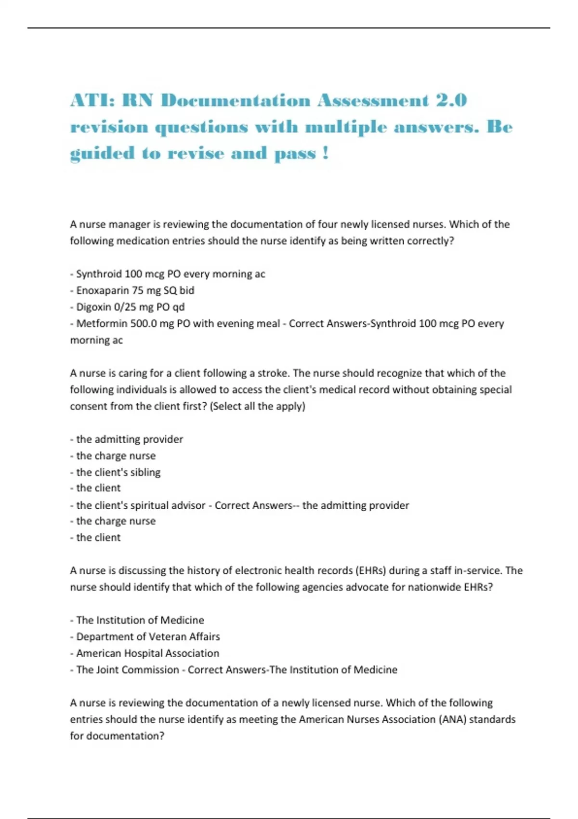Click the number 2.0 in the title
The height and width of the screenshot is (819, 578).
(451, 100)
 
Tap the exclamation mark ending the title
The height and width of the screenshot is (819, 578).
(326, 153)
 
